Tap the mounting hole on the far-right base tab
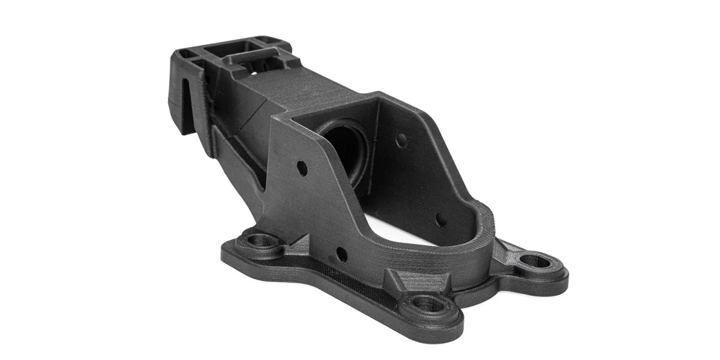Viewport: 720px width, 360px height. point(535,262)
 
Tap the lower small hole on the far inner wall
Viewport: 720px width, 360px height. point(441,220)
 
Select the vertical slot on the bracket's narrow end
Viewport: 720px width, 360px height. point(188,111)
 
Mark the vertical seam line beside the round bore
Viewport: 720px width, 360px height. point(377,150)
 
